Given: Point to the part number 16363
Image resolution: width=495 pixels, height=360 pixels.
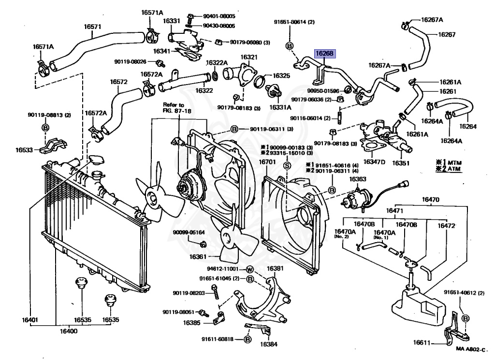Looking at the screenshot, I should click(x=358, y=179).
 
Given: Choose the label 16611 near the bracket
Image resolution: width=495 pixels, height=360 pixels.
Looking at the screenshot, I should click(x=422, y=343).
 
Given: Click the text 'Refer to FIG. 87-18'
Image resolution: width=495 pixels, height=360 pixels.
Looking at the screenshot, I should click(x=174, y=107).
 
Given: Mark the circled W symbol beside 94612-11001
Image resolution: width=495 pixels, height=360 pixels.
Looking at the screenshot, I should click(x=250, y=269).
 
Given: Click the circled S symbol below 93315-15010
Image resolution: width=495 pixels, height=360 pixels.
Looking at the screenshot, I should click(x=286, y=165).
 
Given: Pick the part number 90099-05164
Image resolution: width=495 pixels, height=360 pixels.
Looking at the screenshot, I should click(x=189, y=232).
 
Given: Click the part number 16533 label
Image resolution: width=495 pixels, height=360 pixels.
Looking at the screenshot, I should click(x=24, y=150).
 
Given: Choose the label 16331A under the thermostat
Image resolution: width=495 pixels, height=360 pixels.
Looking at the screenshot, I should click(x=281, y=107).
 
